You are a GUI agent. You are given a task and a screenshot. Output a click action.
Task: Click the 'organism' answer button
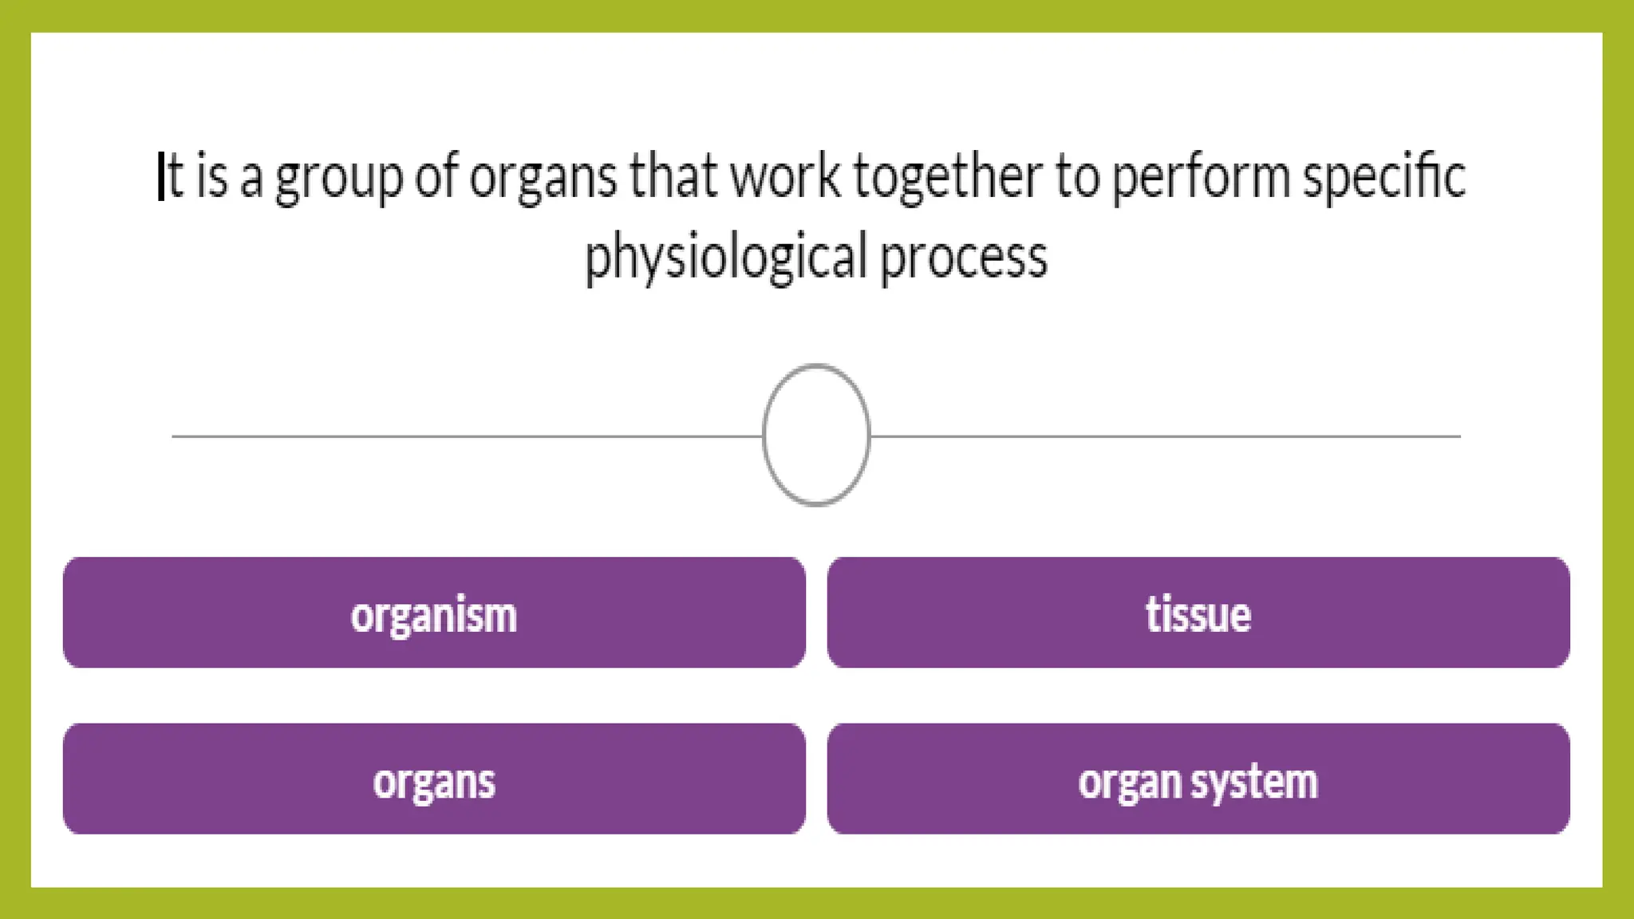[433, 613]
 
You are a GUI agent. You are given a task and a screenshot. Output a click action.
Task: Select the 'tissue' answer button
[1198, 613]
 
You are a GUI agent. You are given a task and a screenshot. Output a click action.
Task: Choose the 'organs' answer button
[433, 779]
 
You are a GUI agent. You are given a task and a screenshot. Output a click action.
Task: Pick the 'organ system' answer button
[1198, 779]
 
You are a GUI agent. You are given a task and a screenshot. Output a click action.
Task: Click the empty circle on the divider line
[816, 435]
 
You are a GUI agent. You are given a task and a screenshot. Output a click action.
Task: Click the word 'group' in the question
[339, 178]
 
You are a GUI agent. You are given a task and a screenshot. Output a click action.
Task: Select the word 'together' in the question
[947, 178]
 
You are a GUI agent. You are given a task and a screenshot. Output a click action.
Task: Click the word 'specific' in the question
[1383, 178]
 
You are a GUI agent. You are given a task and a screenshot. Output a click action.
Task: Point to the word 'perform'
[1199, 178]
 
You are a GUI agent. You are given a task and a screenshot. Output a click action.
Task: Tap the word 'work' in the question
[785, 176]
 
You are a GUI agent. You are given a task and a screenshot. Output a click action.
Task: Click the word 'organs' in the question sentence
[543, 178]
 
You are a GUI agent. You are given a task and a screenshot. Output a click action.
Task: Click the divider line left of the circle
[463, 436]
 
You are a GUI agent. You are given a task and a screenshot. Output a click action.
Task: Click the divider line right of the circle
[1165, 436]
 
